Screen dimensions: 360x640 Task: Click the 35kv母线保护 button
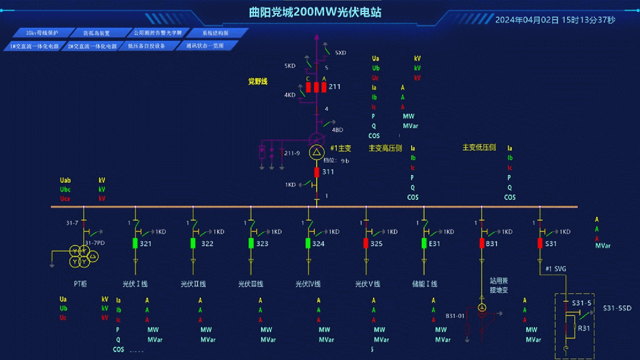[42, 33]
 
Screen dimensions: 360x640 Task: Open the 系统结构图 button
[215, 33]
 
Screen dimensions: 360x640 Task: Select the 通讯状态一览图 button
[205, 46]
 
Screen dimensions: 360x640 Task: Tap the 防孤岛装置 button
[96, 33]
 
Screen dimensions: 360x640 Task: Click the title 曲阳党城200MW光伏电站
[315, 12]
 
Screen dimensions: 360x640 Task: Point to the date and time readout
[555, 20]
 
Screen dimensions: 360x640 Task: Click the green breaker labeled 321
[135, 243]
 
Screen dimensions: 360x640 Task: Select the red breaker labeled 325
[366, 243]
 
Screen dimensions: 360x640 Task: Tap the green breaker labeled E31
[424, 243]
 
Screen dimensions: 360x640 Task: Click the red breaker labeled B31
[482, 243]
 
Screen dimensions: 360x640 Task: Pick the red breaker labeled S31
[540, 243]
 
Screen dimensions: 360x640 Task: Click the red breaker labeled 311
[317, 172]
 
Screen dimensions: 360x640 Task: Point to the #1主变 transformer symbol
[317, 152]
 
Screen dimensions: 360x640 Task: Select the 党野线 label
[258, 81]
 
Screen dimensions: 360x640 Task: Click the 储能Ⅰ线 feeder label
[425, 284]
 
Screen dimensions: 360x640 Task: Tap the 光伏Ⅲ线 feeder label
[251, 284]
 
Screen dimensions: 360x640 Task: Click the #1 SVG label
[556, 269]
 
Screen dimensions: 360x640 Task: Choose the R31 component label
[584, 328]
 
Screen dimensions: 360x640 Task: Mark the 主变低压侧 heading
[479, 148]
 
